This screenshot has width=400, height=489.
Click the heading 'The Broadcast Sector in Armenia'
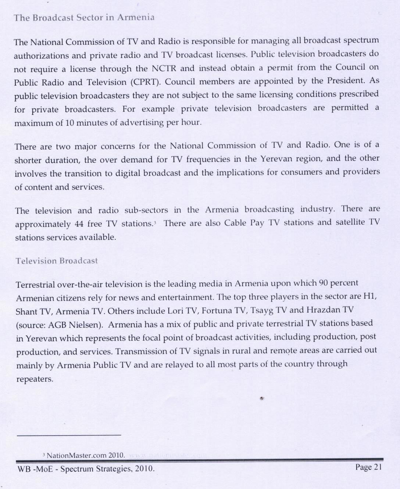(x=84, y=18)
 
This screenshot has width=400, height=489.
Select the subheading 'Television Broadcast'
(x=57, y=261)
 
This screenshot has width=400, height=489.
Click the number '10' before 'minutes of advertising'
(x=70, y=123)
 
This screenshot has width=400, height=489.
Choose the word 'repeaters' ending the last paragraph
(x=35, y=379)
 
